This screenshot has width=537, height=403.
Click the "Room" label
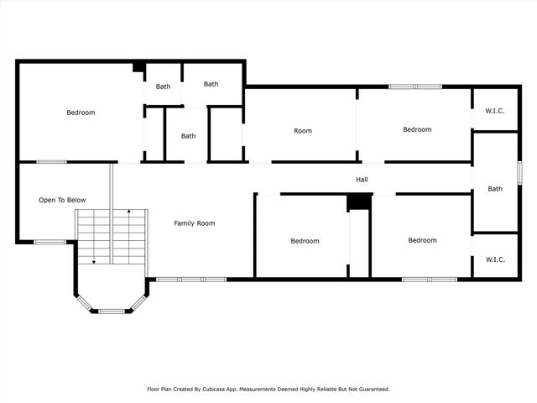click(303, 130)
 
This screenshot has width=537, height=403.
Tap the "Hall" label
click(362, 179)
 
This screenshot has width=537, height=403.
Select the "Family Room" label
click(195, 223)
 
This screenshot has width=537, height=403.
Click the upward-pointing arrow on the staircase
click(128, 212)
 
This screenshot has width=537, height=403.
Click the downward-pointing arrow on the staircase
click(94, 261)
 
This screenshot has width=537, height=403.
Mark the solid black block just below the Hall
click(359, 202)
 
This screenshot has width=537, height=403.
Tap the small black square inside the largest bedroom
click(138, 67)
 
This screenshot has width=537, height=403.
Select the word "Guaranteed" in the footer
click(372, 389)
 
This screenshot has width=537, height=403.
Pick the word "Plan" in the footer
click(169, 389)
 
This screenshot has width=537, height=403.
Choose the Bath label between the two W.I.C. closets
click(495, 189)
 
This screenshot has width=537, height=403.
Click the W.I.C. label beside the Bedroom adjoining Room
click(495, 110)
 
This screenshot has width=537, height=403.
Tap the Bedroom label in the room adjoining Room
click(417, 129)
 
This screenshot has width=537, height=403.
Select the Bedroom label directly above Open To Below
click(81, 113)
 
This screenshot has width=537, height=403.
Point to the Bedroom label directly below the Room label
click(305, 241)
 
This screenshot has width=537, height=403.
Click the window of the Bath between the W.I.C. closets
click(519, 172)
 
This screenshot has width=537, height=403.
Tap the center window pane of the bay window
click(112, 311)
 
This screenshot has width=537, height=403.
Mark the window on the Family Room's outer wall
click(191, 279)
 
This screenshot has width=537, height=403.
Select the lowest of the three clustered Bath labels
click(188, 136)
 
